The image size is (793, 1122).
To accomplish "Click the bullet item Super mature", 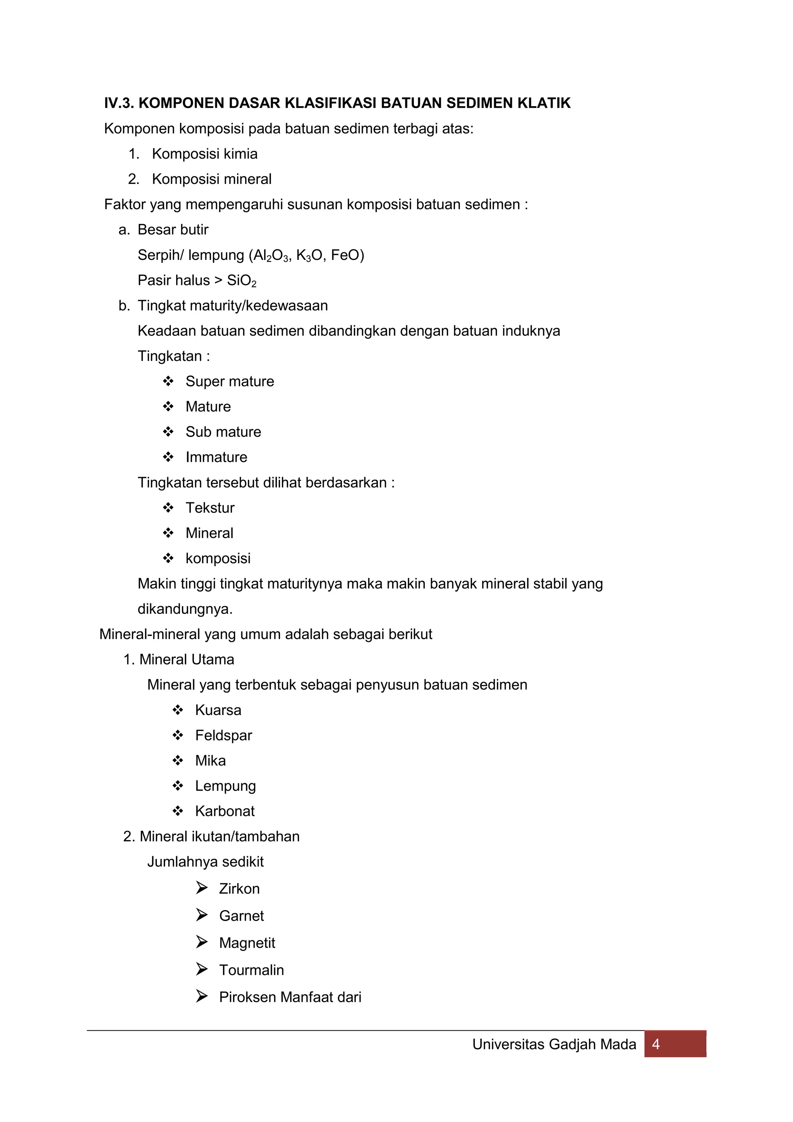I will pos(230,381).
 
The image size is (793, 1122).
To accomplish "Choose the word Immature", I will pos(216,457).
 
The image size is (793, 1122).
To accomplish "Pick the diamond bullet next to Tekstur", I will pos(168,508).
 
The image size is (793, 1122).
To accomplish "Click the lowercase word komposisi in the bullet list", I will pos(218,558).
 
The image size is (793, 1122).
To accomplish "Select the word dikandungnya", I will pos(185,609).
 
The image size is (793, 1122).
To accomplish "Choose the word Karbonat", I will pos(225,811).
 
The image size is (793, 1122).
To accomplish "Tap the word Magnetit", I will pos(247,943).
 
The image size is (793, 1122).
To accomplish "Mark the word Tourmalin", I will pos(251,970).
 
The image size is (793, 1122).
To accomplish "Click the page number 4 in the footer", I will pos(656,1044).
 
